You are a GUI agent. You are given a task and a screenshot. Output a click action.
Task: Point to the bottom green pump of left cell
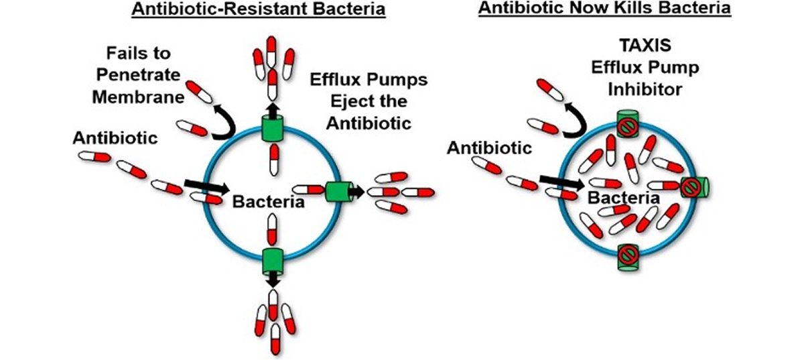[x=273, y=258]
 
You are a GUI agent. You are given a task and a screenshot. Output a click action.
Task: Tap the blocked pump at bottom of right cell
[x=628, y=255]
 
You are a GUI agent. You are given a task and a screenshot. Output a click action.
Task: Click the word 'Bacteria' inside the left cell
[x=261, y=200]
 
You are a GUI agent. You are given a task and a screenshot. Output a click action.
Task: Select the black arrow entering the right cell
[x=561, y=179]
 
